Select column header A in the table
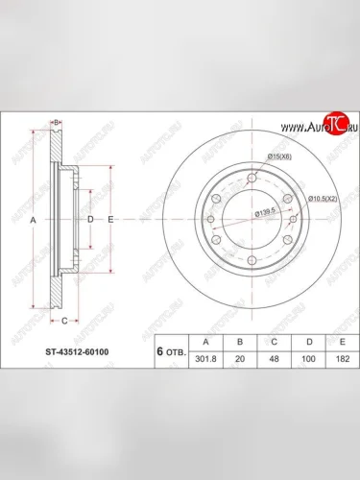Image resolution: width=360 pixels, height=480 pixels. pos(203,339)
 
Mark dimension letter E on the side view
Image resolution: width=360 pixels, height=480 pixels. pos(110,220)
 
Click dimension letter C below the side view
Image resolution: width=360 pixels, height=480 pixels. pos(63,319)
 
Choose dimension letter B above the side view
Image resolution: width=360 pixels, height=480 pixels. pos(57,122)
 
